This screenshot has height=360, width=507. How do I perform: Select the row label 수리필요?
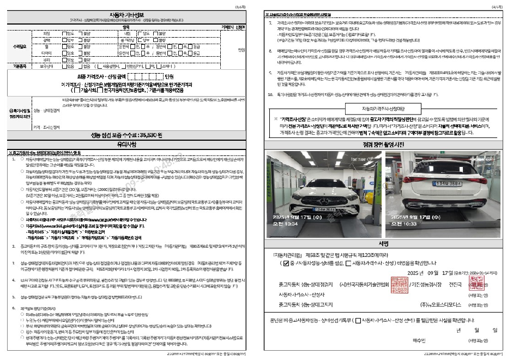[18, 47]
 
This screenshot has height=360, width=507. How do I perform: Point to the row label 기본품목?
[18, 65]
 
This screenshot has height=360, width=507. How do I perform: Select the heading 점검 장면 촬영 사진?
[382, 144]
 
